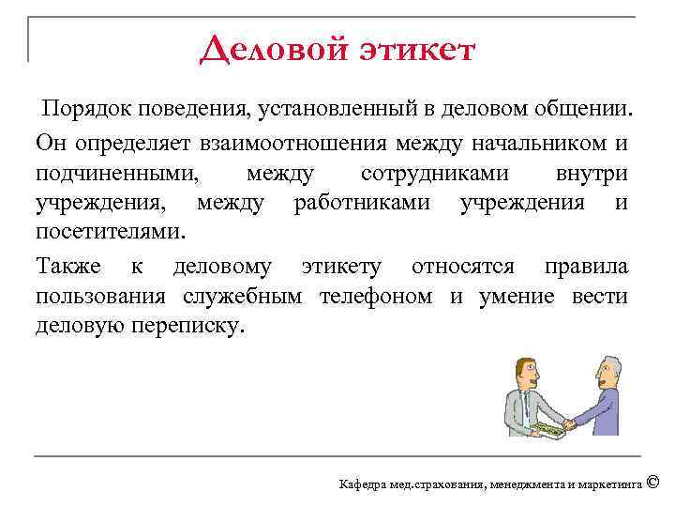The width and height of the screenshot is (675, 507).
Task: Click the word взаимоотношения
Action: [288, 143]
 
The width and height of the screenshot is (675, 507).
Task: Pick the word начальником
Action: [530, 143]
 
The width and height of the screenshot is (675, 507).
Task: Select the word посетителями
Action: [111, 232]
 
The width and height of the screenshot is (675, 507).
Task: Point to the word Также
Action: [68, 268]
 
